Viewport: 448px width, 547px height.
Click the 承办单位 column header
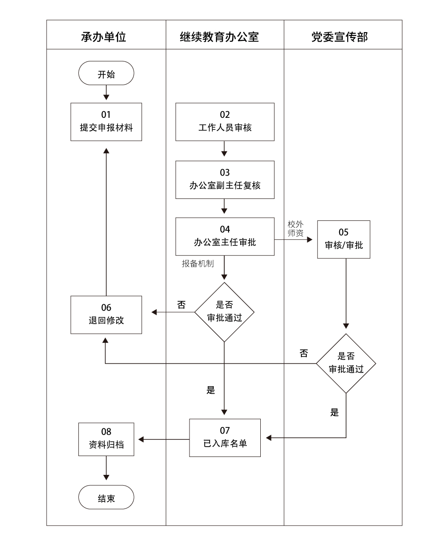point(106,36)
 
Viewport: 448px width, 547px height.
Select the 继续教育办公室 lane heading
point(225,36)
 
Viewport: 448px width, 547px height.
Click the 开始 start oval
point(106,74)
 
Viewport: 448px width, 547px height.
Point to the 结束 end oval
point(106,498)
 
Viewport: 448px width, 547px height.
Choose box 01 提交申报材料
point(106,122)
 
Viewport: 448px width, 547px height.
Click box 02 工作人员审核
point(225,122)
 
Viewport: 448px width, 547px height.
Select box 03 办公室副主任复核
point(225,180)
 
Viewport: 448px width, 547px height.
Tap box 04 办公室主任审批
point(225,237)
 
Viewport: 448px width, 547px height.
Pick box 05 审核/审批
point(344,239)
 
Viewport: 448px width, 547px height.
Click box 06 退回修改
point(106,314)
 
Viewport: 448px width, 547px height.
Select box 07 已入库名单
point(225,438)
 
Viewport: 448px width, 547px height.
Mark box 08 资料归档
point(106,439)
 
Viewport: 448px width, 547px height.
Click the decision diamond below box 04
point(224,312)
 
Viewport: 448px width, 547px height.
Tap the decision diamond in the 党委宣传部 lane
point(346,363)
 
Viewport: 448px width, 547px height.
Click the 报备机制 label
point(197,263)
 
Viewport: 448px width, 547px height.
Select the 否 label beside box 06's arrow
point(181,305)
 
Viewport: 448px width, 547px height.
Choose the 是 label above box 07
point(211,390)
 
